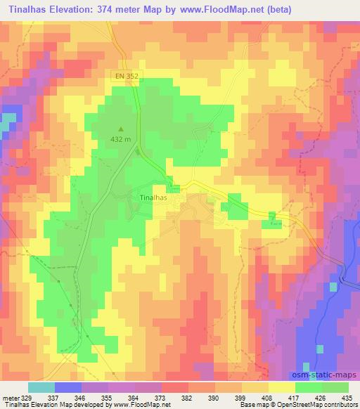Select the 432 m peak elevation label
tap(120, 139)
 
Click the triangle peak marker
tap(120, 129)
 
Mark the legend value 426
tap(322, 397)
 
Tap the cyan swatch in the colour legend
tap(41, 387)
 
